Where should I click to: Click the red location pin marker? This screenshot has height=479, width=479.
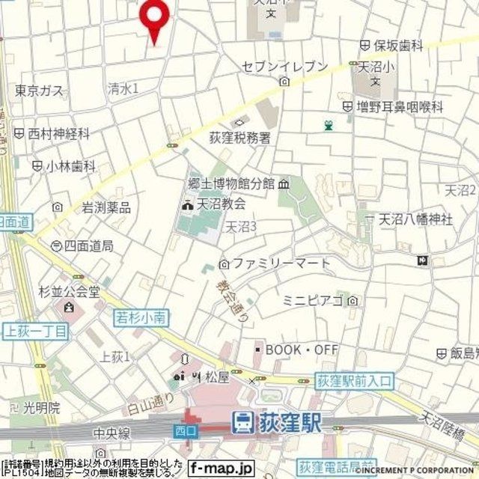(x=154, y=17)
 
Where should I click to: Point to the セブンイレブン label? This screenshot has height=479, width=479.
(x=284, y=67)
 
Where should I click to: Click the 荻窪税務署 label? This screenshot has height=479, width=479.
(x=240, y=138)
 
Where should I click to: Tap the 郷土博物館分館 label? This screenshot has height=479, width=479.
(x=231, y=183)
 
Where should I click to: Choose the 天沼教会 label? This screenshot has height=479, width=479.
(x=220, y=203)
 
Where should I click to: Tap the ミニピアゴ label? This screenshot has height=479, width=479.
(x=313, y=300)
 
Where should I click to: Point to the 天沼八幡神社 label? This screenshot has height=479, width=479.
(x=415, y=219)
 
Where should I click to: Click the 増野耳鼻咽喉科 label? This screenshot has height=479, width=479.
(x=400, y=107)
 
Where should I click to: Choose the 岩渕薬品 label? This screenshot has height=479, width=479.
(x=106, y=207)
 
